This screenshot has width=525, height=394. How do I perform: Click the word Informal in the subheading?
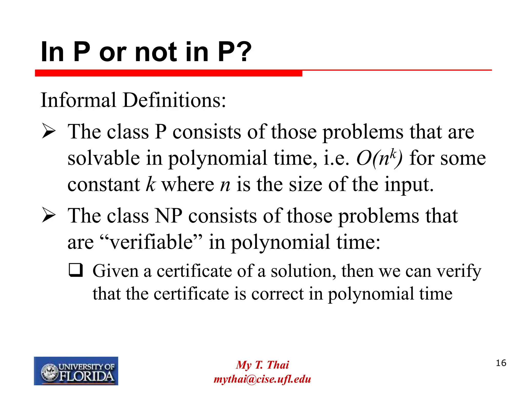[78, 100]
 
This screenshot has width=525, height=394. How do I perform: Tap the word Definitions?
[174, 100]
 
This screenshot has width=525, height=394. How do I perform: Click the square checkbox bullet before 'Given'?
[76, 270]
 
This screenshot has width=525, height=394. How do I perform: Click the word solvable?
[104, 158]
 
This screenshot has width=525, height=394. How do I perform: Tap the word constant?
[104, 185]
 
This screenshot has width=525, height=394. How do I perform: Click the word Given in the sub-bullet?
[115, 271]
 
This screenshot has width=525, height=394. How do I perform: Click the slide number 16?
[501, 363]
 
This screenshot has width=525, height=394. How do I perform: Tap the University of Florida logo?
[76, 371]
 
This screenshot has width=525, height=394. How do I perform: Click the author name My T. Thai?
[262, 365]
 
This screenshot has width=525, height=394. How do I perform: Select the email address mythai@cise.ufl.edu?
[262, 379]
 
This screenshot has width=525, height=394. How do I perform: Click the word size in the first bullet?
[305, 185]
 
